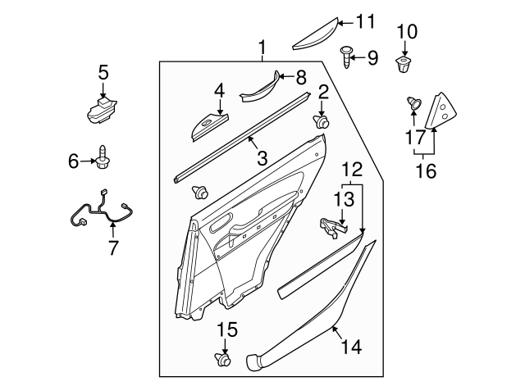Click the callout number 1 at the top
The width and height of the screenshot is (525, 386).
point(262,48)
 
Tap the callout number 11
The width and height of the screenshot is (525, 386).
point(364,21)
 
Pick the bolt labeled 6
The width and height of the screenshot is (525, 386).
point(103,157)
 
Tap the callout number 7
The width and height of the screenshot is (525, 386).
point(112,247)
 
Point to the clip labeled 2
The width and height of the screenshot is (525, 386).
point(322,122)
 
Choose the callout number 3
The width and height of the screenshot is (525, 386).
point(262,158)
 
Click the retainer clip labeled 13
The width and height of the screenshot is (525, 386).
point(332,226)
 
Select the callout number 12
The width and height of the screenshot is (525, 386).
point(352,170)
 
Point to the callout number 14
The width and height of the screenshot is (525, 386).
point(350,347)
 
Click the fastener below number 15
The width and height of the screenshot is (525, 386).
point(222,358)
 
